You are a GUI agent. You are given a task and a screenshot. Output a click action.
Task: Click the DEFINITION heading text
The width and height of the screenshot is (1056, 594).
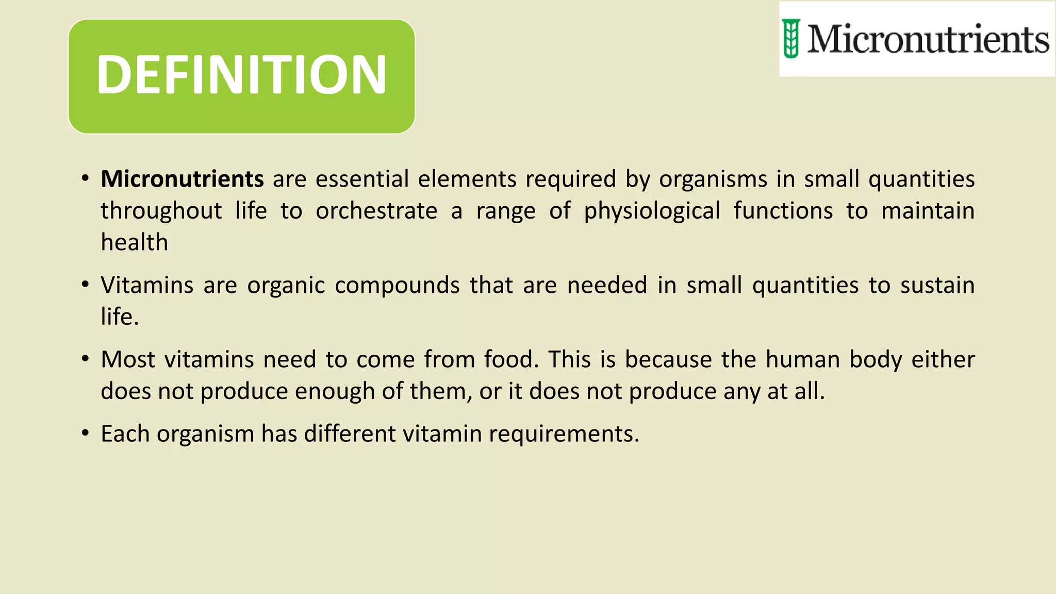click(x=241, y=75)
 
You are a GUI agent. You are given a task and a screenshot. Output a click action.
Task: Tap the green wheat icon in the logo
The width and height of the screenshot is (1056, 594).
click(x=791, y=39)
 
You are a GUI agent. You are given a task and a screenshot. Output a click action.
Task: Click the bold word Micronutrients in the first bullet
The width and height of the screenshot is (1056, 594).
click(x=183, y=179)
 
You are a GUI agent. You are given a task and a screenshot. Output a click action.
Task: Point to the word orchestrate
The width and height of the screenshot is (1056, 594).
click(x=376, y=211)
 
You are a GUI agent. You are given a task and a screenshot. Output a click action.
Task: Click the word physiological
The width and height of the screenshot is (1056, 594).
click(x=652, y=211)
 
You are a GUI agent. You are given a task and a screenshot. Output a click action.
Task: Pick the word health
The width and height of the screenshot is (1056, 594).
click(x=135, y=242)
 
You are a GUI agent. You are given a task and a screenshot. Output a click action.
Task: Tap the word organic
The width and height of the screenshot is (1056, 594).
click(x=286, y=285)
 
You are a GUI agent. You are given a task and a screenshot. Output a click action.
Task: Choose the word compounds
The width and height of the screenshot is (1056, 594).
click(x=397, y=285)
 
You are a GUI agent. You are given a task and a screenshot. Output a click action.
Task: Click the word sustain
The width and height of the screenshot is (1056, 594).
click(x=937, y=285)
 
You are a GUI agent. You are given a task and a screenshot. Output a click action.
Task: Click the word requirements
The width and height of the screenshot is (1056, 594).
click(x=564, y=434)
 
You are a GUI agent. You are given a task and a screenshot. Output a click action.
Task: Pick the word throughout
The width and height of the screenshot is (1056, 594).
click(x=161, y=211)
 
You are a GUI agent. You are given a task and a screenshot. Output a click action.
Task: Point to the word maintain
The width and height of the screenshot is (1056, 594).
click(x=928, y=211)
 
